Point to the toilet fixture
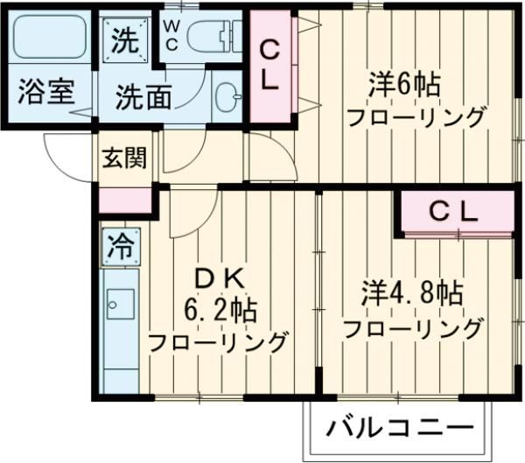[209, 37]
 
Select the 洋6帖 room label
[402, 85]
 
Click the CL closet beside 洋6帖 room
[271, 67]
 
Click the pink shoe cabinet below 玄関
[124, 200]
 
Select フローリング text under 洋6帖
[415, 116]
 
